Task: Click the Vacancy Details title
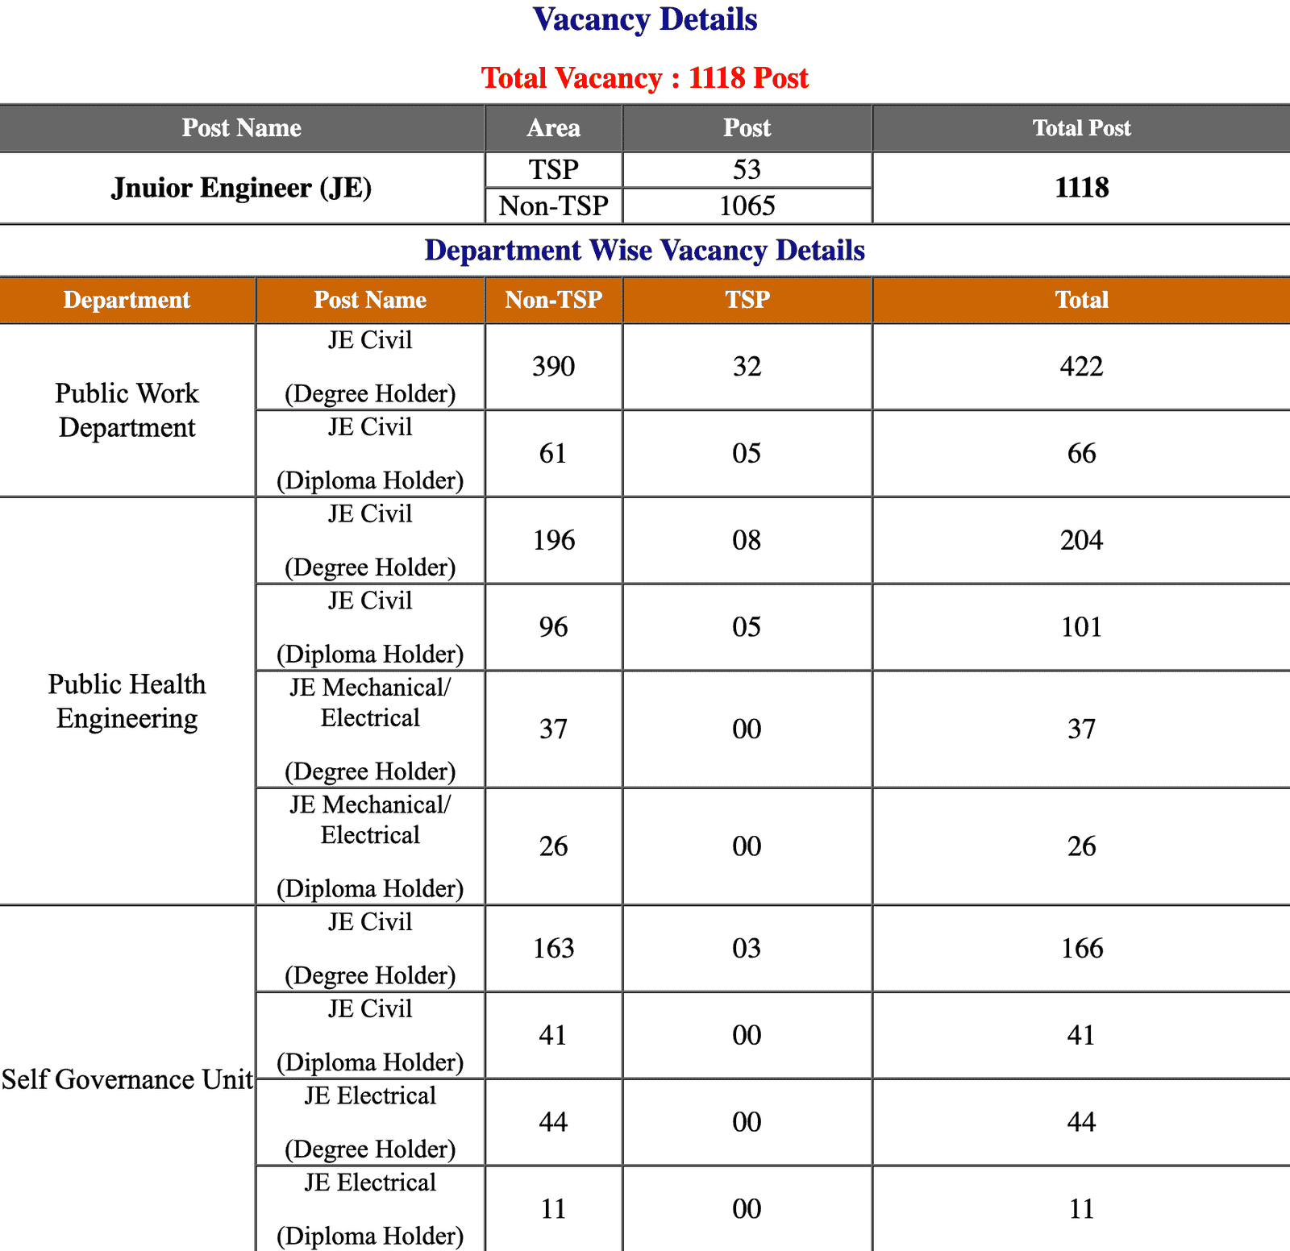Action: coord(645,20)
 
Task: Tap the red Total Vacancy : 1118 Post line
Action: coord(645,78)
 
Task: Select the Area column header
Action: coord(553,128)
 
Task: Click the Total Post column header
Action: coord(1081,128)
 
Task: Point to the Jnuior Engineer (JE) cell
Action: coord(241,188)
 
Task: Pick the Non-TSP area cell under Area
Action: coord(553,206)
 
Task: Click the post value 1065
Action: coord(747,206)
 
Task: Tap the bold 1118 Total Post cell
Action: coord(1081,188)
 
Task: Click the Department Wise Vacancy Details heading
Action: coord(645,251)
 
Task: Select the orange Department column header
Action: coord(127,300)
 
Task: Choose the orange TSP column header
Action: coord(747,300)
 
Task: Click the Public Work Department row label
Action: coord(127,410)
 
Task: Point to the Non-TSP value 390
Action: coord(553,367)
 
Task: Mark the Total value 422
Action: coord(1081,367)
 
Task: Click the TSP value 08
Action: coord(747,540)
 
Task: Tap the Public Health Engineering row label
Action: coord(127,701)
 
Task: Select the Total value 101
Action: coord(1081,627)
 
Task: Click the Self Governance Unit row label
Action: coord(127,1079)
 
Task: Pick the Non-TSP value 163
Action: coord(553,949)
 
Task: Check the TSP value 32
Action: coord(747,367)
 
